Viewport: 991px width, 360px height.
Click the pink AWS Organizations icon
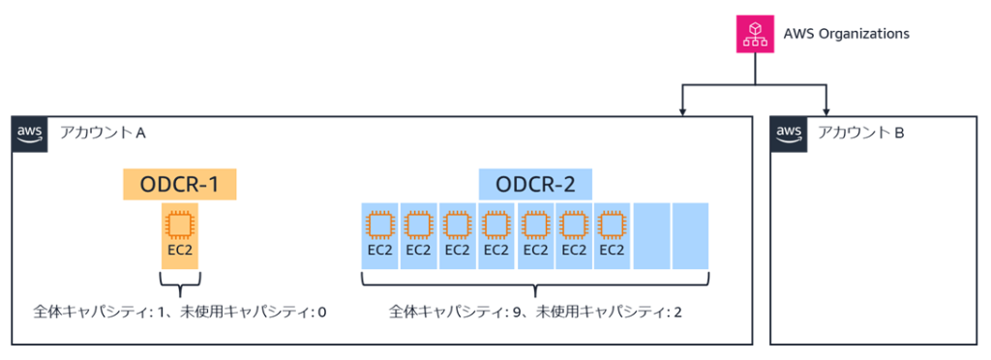coord(756,34)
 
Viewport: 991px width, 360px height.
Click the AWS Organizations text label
coord(846,34)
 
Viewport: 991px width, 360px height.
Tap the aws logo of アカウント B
coord(789,134)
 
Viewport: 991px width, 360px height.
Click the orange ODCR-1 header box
coord(179,184)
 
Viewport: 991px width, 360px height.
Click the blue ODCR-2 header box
coord(535,184)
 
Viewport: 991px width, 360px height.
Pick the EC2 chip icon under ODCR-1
coord(179,225)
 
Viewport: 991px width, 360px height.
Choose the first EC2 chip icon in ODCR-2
coord(378,225)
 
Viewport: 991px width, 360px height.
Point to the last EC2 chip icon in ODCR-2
coord(612,225)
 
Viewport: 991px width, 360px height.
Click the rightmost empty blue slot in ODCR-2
coord(690,236)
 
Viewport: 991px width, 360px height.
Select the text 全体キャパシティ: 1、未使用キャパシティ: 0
coord(179,313)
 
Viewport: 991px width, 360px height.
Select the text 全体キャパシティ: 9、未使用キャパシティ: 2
coord(535,313)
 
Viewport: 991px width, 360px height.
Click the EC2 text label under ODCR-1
coord(179,250)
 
